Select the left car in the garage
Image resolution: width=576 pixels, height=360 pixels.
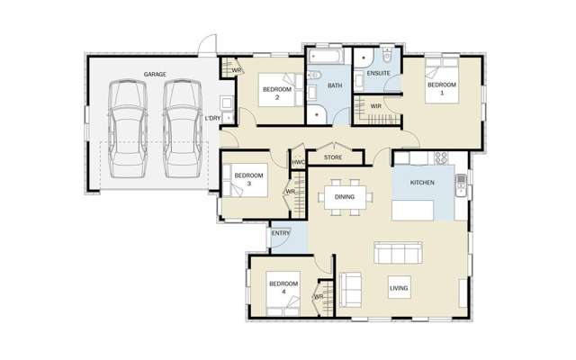click(x=125, y=129)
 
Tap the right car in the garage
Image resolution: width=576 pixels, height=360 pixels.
click(x=182, y=129)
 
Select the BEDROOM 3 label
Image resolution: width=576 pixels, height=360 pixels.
click(x=247, y=179)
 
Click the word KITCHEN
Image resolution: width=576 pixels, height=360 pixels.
click(x=422, y=183)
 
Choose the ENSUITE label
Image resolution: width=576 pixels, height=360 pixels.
click(x=377, y=73)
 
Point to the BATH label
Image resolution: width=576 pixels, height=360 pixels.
click(x=335, y=86)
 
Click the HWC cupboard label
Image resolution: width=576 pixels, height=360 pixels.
click(x=298, y=163)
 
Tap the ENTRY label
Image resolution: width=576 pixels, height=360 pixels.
click(x=280, y=234)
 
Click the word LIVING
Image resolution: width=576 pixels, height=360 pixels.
click(x=398, y=289)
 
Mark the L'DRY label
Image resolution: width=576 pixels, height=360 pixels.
click(x=212, y=118)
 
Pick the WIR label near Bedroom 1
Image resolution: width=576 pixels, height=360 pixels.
click(x=376, y=107)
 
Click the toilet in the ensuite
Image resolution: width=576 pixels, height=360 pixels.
click(x=386, y=53)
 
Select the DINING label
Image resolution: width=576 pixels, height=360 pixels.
click(x=344, y=196)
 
